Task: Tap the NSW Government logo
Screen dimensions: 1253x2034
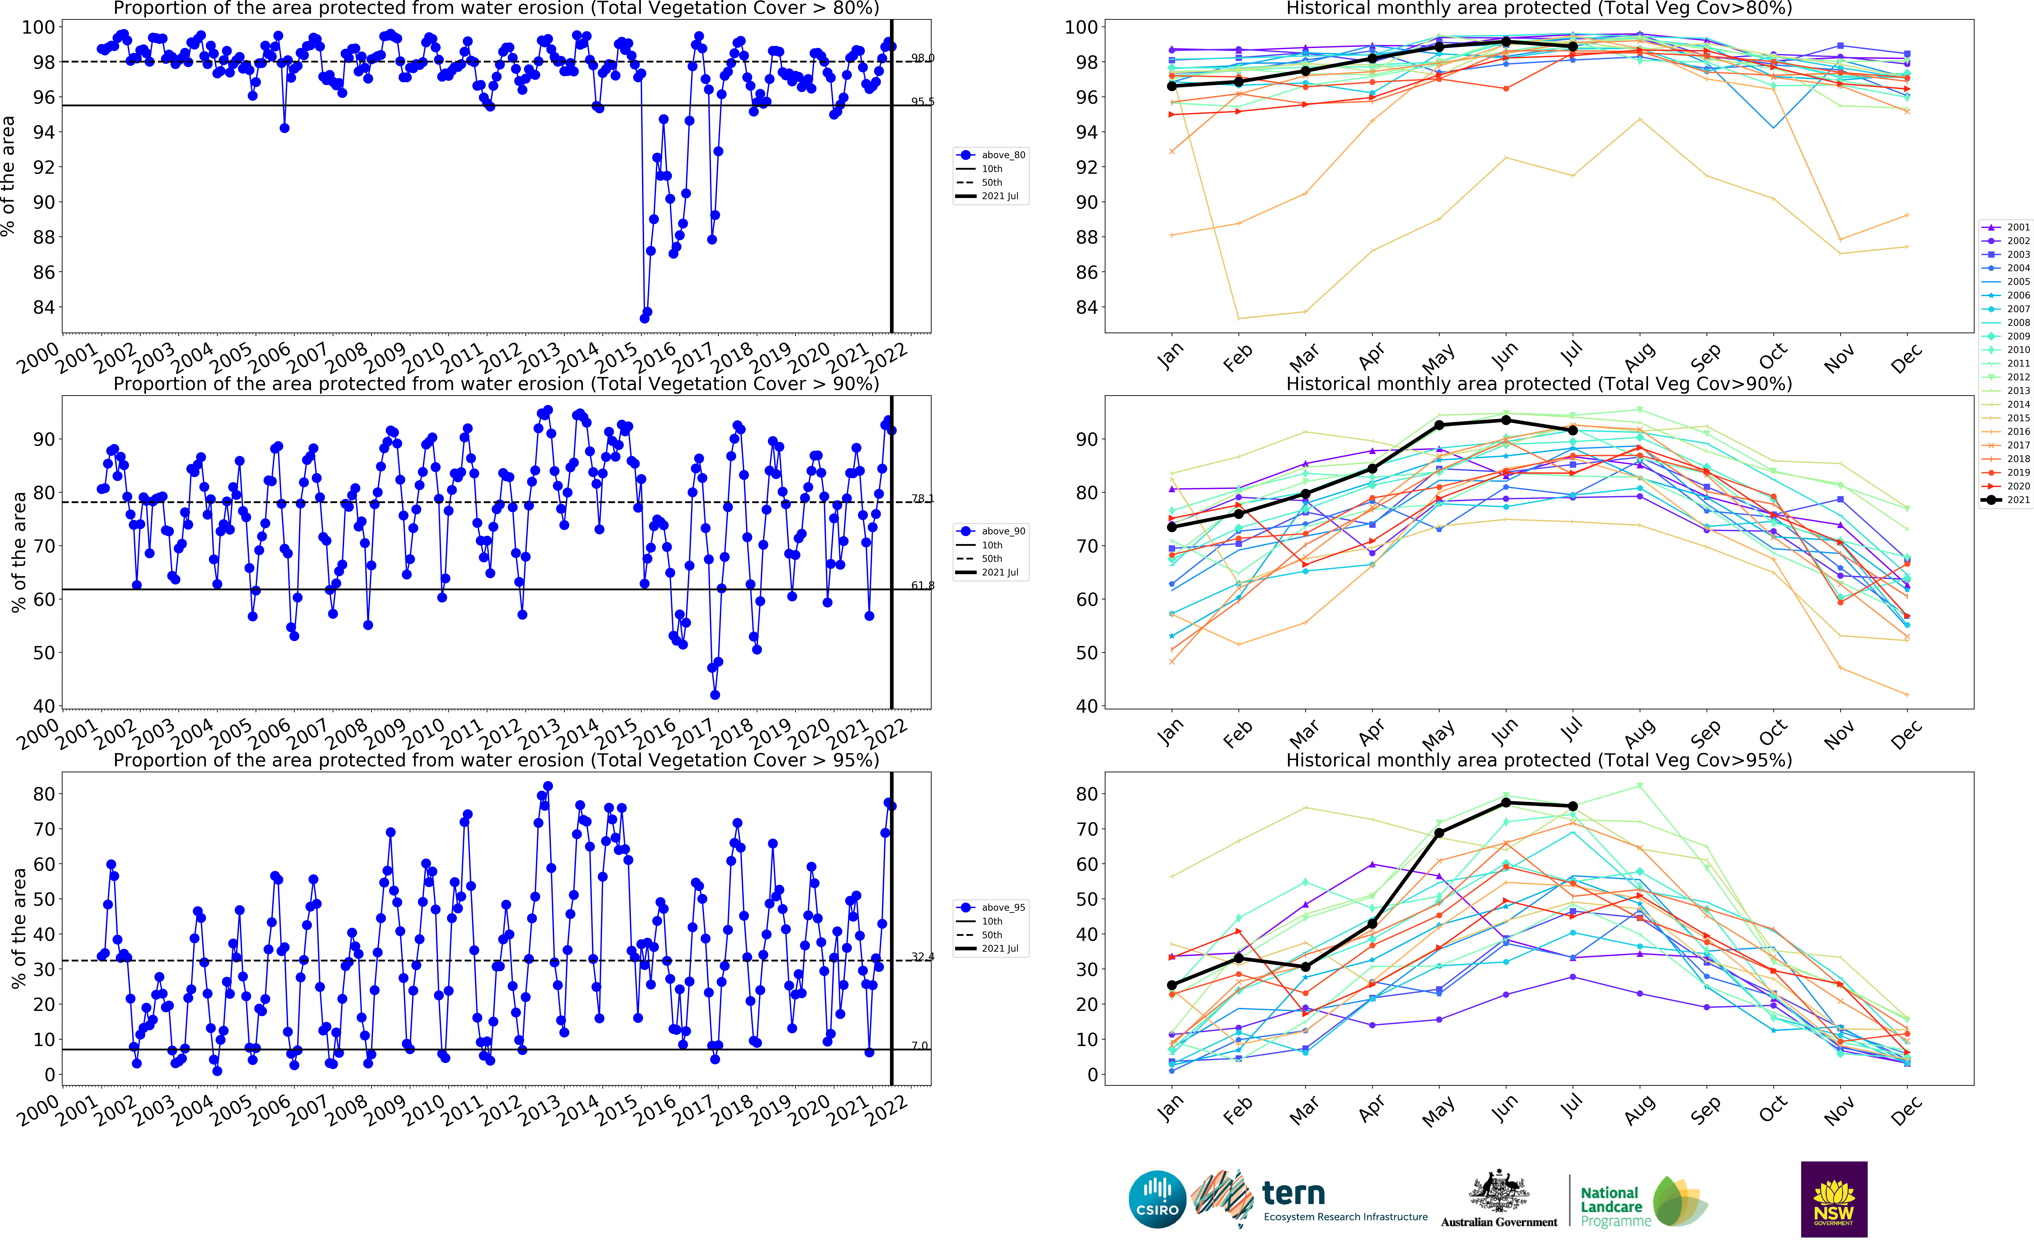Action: click(1833, 1198)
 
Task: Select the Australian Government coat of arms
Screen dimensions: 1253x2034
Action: click(1499, 1192)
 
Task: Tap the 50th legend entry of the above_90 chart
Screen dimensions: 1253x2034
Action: click(992, 559)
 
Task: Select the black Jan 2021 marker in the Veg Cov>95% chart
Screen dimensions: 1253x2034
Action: click(1171, 985)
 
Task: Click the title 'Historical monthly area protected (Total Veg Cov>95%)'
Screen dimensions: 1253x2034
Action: click(1538, 760)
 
